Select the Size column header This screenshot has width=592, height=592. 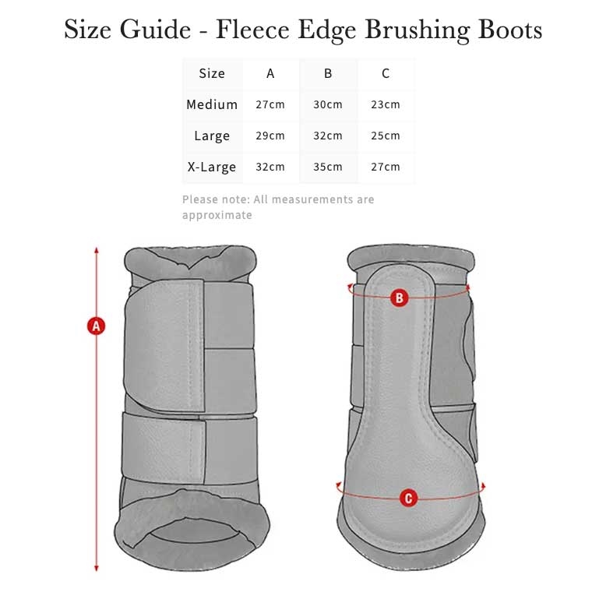click(x=212, y=74)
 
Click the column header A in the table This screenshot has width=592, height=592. click(x=270, y=74)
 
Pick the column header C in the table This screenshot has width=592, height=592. click(x=386, y=74)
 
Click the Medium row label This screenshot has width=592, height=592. click(x=212, y=104)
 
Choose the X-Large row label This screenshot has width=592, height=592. click(x=212, y=167)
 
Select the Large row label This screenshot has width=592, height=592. click(x=212, y=136)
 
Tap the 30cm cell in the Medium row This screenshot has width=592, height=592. click(x=328, y=104)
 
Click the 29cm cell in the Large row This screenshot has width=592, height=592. click(x=270, y=136)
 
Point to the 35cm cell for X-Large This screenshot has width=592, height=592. click(x=328, y=167)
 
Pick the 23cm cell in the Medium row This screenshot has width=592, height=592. click(x=386, y=104)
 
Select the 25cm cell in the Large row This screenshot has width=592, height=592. click(x=386, y=136)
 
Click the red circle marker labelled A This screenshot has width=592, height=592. click(x=96, y=326)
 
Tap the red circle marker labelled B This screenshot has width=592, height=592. click(x=399, y=297)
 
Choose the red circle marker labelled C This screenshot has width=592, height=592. click(x=409, y=498)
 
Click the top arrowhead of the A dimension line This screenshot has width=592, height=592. click(x=96, y=250)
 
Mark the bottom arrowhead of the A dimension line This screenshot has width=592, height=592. click(x=96, y=569)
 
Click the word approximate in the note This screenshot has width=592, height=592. click(x=217, y=215)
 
